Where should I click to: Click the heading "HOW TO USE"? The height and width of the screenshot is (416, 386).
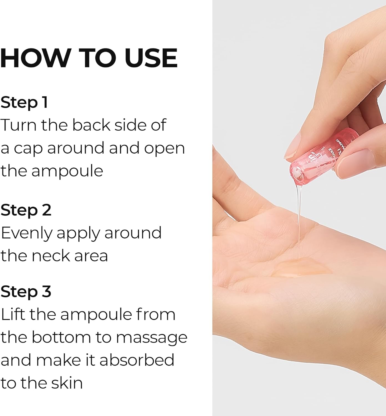(89, 58)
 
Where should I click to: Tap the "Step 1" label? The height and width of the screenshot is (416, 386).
(24, 102)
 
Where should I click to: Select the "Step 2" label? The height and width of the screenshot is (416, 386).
(26, 210)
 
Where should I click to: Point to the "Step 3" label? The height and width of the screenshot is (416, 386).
(26, 291)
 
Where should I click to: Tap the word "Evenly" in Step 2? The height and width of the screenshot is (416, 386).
(26, 233)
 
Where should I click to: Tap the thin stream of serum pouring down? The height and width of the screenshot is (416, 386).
(299, 222)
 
